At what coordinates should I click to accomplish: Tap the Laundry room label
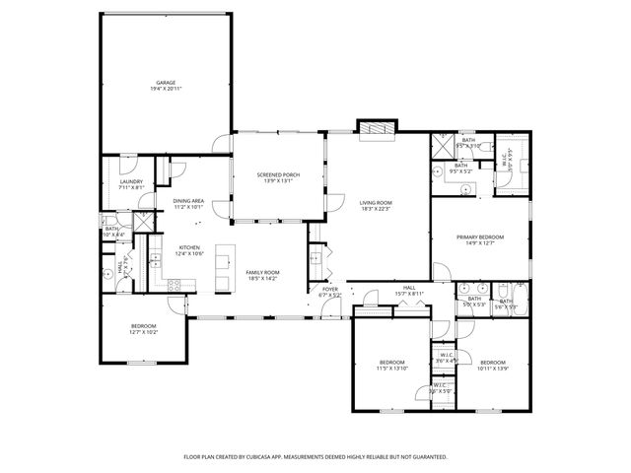[x=131, y=181]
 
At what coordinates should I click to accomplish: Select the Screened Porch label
[x=278, y=174]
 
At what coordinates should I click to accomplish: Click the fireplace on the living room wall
[x=376, y=128]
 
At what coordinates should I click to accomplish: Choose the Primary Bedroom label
[x=479, y=237]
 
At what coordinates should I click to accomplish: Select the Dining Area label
[x=188, y=201]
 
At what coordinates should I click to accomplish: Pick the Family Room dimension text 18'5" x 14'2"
[x=262, y=278]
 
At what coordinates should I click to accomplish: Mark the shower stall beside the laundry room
[x=143, y=220]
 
